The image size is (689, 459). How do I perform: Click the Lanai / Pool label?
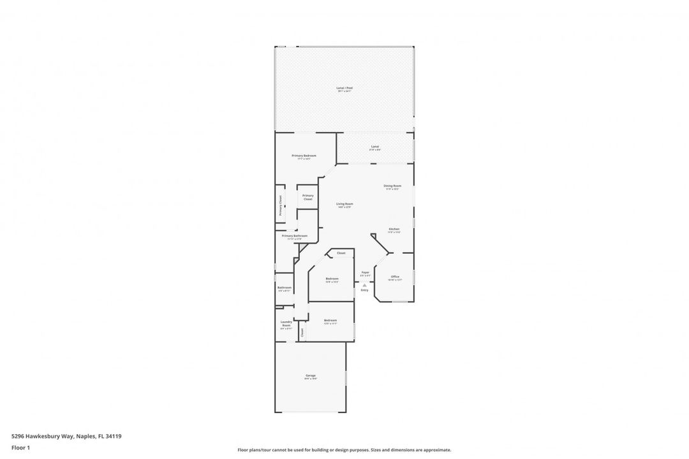[x=344, y=88]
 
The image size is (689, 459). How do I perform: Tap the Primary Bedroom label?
[x=304, y=156]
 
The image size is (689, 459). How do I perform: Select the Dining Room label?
[x=392, y=186]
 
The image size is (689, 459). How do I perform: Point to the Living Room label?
[x=344, y=204]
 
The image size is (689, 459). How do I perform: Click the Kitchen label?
[x=394, y=229]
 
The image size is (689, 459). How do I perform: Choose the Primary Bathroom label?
[x=295, y=236]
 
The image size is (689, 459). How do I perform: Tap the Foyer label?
[x=365, y=273]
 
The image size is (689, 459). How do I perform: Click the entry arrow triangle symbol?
[x=364, y=285]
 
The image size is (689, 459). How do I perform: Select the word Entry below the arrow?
[x=364, y=291]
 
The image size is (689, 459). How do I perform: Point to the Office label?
[x=395, y=277]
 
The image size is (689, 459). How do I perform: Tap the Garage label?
[x=311, y=376]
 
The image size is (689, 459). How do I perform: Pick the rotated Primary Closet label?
[x=280, y=205]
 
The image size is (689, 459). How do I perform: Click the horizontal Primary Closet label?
[x=308, y=198]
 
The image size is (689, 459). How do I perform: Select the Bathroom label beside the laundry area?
[x=285, y=288]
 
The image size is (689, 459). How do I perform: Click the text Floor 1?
[x=20, y=448]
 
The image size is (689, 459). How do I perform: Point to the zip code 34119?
[x=114, y=437]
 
